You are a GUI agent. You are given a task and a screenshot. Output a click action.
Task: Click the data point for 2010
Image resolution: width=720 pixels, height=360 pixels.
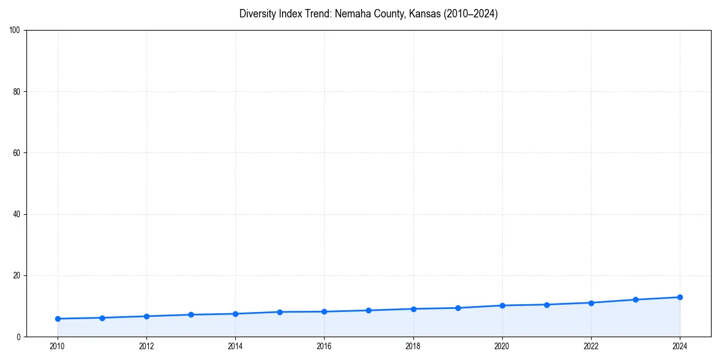coord(58,319)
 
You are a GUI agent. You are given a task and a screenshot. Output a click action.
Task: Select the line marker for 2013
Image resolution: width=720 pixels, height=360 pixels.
coord(191,314)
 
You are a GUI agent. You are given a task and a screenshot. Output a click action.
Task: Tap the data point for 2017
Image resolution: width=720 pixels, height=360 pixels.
coord(368,310)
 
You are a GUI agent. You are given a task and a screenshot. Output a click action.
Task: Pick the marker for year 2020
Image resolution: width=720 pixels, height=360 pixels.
coord(502,305)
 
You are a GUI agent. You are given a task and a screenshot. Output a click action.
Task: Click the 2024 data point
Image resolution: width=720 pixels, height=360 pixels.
coord(680,297)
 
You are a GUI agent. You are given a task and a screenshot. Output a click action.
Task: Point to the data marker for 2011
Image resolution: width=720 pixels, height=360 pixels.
coord(102,318)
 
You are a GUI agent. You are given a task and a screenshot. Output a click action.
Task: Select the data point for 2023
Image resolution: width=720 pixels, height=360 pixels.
coord(635,299)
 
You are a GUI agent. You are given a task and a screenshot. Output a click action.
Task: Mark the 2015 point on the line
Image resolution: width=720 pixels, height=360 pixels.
coord(280,312)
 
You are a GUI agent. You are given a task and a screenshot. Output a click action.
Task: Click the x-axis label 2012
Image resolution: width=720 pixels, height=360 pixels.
coord(146,346)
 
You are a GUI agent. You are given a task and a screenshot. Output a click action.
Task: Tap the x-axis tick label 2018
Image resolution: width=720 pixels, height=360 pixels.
coord(413,346)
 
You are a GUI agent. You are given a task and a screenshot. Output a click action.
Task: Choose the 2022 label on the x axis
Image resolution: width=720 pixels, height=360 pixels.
coord(591,346)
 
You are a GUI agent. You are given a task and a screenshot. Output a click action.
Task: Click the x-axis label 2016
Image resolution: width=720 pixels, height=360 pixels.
coord(324,346)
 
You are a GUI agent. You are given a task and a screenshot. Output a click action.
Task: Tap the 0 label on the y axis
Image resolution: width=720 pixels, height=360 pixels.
coord(19,337)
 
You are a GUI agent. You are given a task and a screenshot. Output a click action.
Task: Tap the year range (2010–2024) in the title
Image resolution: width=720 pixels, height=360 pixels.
coord(471,14)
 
